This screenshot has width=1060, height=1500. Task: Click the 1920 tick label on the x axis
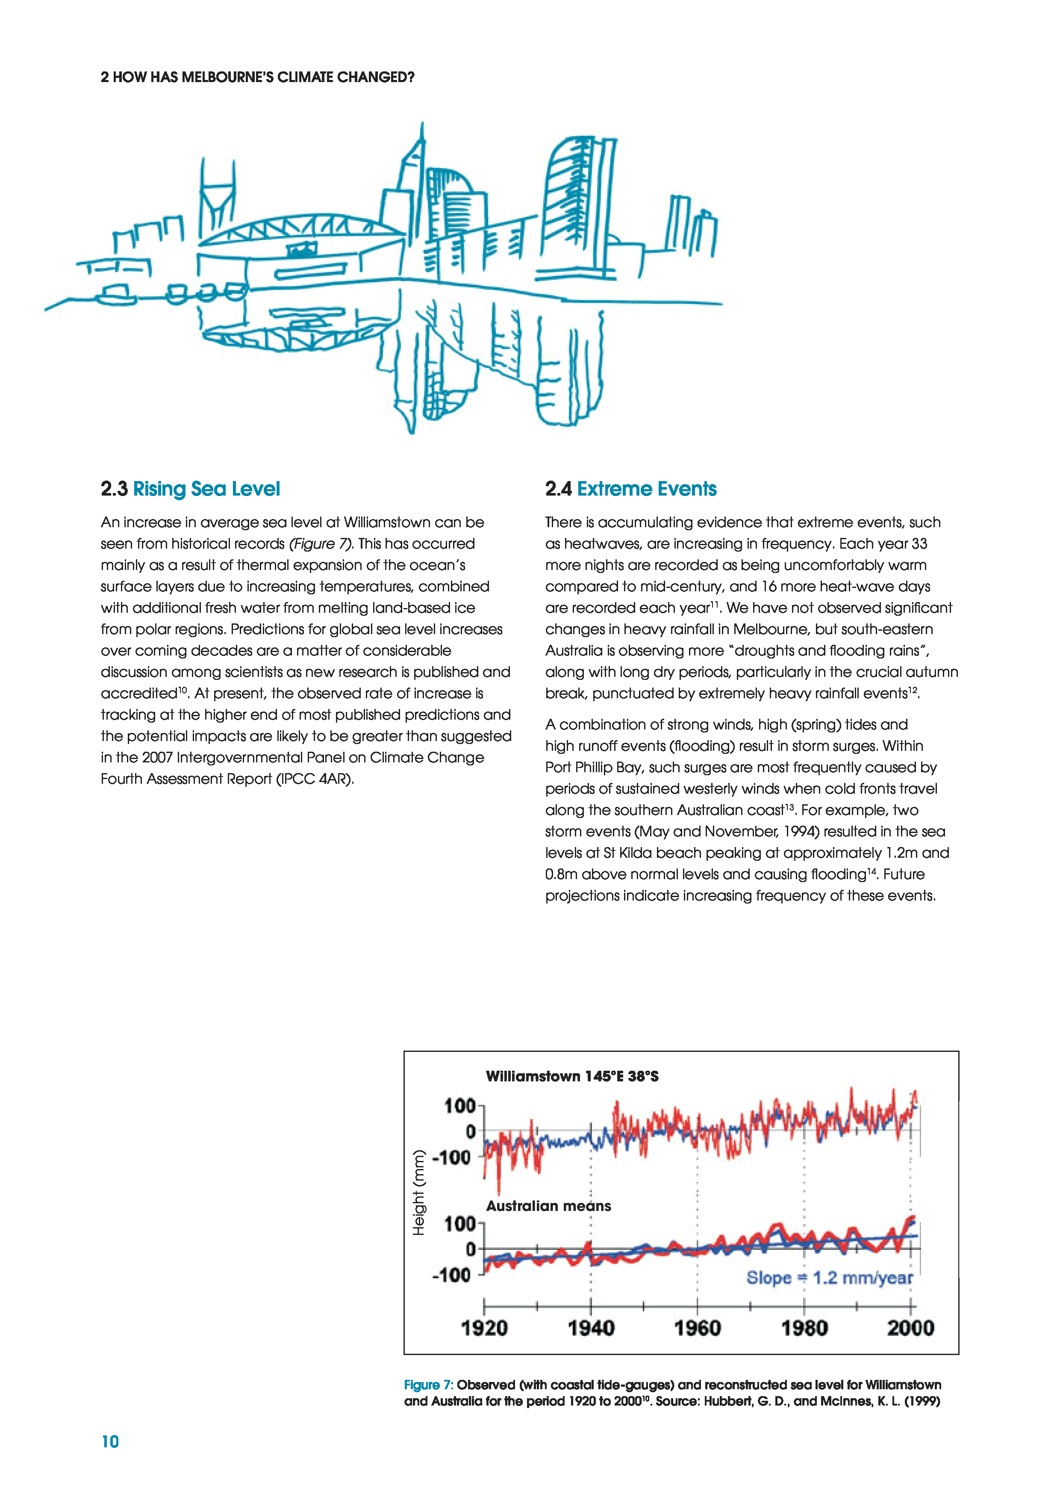pyautogui.click(x=484, y=1328)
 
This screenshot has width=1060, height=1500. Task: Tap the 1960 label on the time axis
pyautogui.click(x=698, y=1328)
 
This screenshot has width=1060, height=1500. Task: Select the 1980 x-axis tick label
pyautogui.click(x=804, y=1328)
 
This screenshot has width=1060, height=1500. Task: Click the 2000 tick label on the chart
pyautogui.click(x=910, y=1328)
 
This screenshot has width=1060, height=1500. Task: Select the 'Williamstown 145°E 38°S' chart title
pyautogui.click(x=572, y=1076)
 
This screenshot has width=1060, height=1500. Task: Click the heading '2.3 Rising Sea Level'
pyautogui.click(x=190, y=489)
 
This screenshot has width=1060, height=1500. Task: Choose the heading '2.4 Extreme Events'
pyautogui.click(x=631, y=489)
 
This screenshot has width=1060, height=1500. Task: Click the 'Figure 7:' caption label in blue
pyautogui.click(x=428, y=1385)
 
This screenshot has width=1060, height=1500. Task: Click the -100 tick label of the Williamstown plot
pyautogui.click(x=451, y=1157)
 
